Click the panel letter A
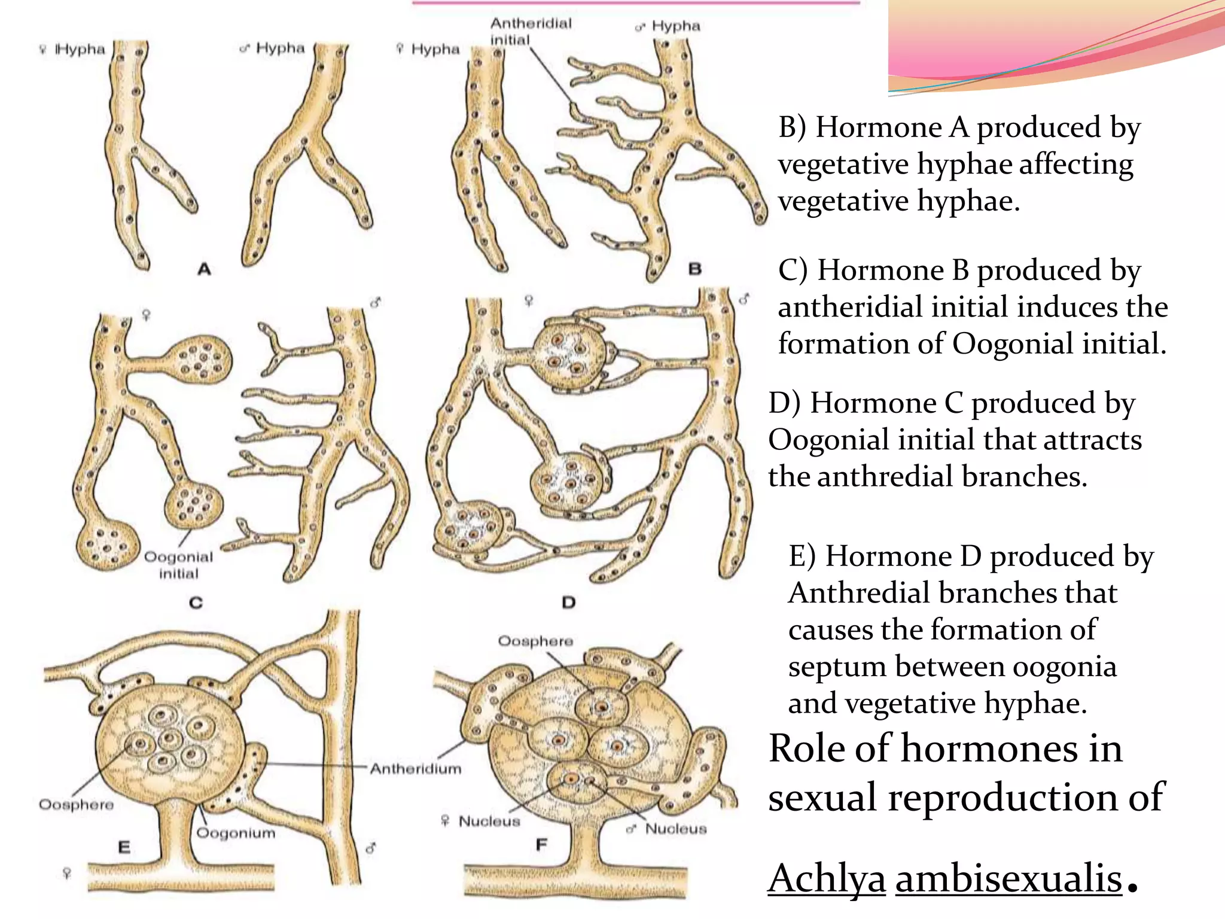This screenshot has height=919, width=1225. pos(204,269)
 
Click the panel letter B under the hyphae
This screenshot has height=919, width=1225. pos(694,269)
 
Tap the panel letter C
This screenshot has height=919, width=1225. pos(196,602)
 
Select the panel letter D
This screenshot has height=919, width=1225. pos(568,602)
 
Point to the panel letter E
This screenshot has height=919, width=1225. pos(124,847)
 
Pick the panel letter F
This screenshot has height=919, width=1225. pos(541,845)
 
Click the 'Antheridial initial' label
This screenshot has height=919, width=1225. pos(531,31)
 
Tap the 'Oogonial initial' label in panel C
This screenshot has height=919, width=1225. pos(178,565)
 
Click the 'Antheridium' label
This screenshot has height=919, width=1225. pos(416,768)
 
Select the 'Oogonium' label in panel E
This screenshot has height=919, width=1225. pos(236,832)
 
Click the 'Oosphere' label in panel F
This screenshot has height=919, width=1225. pos(535,641)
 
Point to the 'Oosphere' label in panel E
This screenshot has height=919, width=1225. pos(76,804)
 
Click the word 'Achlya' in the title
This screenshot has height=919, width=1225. pos(827,878)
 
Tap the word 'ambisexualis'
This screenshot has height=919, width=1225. pos(1008,878)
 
